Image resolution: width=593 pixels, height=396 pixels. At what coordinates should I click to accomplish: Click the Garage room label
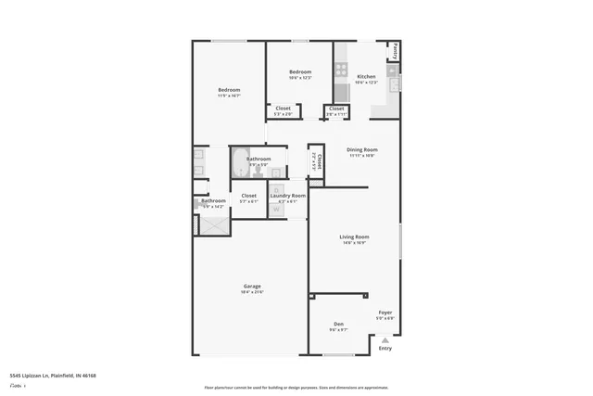[251, 286]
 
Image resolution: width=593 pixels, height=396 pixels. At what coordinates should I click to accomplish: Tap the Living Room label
[354, 236]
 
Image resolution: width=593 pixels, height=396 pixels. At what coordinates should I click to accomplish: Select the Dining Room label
[361, 149]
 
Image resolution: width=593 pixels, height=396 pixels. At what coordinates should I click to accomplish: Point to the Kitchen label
[366, 76]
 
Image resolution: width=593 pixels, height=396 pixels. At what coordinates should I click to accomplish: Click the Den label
[338, 324]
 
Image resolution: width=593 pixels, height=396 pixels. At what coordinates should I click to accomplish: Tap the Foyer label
[385, 313]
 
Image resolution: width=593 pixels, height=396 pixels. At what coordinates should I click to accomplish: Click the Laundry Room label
[287, 196]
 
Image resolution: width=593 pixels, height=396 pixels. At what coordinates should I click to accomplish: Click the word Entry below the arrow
[385, 348]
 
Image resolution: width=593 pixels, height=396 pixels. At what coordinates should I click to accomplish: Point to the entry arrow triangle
[385, 340]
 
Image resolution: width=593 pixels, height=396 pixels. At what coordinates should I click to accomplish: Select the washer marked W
[276, 209]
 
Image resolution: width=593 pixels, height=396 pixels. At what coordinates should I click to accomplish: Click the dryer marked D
[276, 191]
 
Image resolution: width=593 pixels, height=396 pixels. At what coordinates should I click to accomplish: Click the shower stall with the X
[215, 223]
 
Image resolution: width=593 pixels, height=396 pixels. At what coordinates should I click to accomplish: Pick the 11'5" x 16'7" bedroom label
[229, 90]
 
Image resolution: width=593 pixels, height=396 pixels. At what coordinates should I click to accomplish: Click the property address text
[53, 376]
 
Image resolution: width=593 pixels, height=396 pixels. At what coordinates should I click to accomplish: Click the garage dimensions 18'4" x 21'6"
[252, 292]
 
